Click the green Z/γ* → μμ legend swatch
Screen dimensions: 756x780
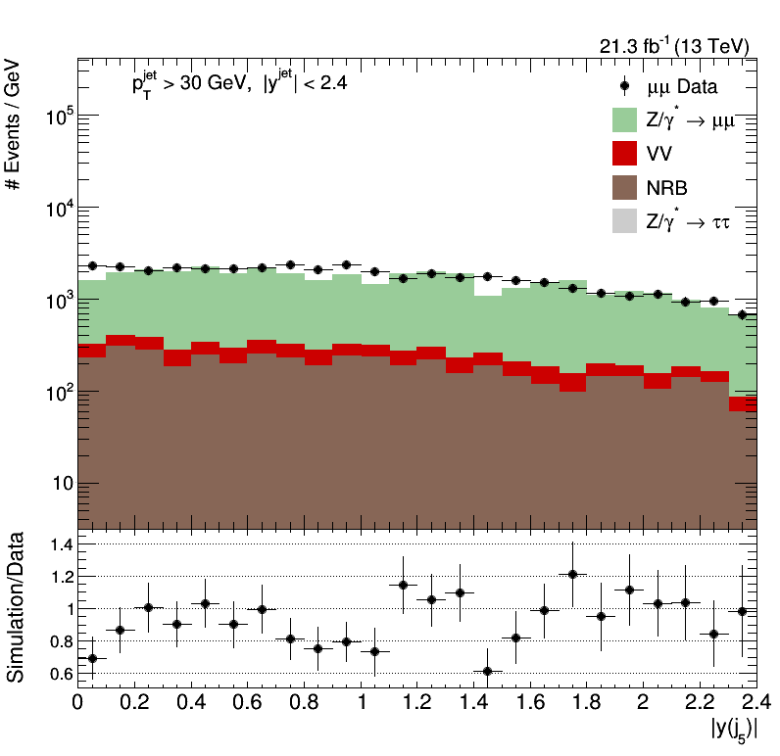point(625,120)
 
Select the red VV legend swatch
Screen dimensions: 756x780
point(625,154)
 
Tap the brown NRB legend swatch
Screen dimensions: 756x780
point(625,187)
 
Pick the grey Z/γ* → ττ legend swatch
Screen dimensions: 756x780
point(625,221)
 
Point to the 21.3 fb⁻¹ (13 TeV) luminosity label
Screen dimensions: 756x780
point(673,46)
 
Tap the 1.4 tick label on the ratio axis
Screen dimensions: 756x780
point(56,543)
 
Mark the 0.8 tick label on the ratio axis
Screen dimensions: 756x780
point(56,641)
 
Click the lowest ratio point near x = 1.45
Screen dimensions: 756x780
point(487,672)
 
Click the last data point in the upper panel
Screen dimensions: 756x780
point(742,314)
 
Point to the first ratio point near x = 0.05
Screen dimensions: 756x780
point(92,658)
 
